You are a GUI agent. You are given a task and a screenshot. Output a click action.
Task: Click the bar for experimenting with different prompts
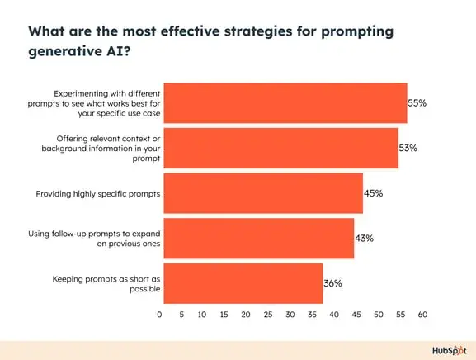click(x=285, y=103)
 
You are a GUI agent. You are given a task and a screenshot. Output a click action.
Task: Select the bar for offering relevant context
click(x=280, y=149)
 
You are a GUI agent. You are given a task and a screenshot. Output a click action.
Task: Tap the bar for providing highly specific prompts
click(x=262, y=193)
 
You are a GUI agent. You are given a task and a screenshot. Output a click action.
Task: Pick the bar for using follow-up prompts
click(x=258, y=238)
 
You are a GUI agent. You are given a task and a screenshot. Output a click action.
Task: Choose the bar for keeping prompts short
click(x=243, y=283)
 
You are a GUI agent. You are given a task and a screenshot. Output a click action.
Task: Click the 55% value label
click(x=418, y=103)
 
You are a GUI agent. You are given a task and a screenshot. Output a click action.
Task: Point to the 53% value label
click(x=408, y=149)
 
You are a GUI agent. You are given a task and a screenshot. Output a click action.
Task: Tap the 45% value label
click(x=374, y=193)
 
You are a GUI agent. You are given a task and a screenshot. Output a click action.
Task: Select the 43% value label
click(x=365, y=238)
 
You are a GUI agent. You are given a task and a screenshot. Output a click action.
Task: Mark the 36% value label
click(x=333, y=283)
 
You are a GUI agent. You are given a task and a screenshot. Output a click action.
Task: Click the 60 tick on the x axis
click(x=422, y=315)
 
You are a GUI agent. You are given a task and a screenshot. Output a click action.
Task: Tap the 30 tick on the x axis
click(x=290, y=315)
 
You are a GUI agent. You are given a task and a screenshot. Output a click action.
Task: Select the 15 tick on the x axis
click(x=224, y=315)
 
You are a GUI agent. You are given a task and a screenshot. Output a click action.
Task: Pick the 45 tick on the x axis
click(x=356, y=315)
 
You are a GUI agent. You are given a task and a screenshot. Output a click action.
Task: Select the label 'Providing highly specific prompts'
click(x=97, y=193)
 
